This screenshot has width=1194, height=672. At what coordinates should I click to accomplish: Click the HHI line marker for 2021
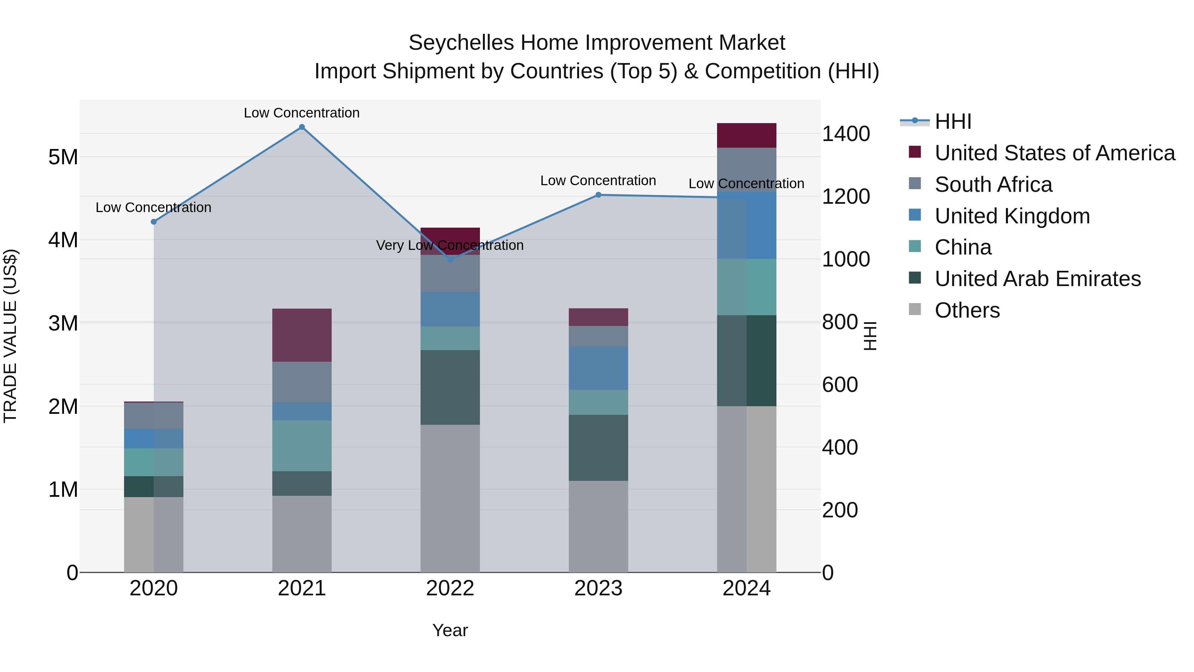point(302,127)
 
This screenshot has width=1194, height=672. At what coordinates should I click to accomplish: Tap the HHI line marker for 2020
point(154,222)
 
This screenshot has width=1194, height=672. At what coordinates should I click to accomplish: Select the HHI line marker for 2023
point(598,195)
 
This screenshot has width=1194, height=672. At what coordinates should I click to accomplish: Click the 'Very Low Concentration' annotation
point(450,245)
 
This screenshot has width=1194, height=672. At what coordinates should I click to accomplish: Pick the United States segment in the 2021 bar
point(302,335)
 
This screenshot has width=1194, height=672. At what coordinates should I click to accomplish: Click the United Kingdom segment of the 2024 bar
point(746,225)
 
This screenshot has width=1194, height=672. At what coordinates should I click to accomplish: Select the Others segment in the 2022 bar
point(450,498)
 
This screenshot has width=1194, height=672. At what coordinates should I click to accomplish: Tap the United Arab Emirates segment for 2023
point(598,448)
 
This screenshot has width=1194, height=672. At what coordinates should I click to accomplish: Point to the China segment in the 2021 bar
point(302,446)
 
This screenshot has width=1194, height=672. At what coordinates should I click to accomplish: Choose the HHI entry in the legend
point(953,121)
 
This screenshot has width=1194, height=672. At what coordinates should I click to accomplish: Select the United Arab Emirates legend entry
point(1037,279)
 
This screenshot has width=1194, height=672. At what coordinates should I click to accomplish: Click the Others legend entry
point(967,310)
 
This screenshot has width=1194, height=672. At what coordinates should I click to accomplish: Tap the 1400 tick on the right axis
point(845,134)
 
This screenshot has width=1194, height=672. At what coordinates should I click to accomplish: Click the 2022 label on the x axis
point(450,588)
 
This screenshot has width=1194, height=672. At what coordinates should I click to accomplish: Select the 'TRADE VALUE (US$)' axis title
point(10,336)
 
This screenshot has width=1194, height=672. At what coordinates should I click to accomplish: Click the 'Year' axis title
point(450,630)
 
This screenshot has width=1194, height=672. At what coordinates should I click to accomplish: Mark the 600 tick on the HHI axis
point(839,385)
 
